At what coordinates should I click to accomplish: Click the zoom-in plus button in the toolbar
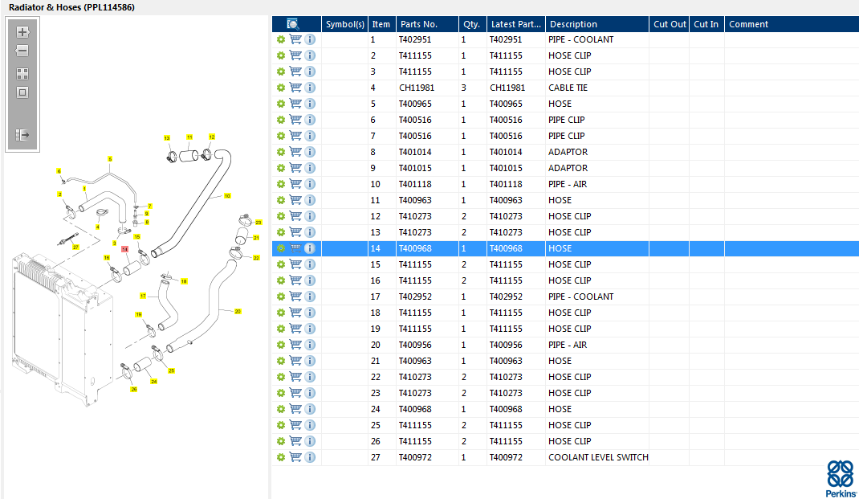pyautogui.click(x=22, y=32)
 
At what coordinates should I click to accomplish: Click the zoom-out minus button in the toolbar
pyautogui.click(x=22, y=51)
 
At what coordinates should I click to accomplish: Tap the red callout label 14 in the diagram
pyautogui.click(x=124, y=249)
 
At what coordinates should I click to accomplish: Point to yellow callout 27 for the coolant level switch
pyautogui.click(x=76, y=247)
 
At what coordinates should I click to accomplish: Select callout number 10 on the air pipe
pyautogui.click(x=227, y=195)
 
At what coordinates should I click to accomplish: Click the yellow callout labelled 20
pyautogui.click(x=238, y=311)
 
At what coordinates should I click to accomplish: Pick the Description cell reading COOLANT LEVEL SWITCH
pyautogui.click(x=597, y=457)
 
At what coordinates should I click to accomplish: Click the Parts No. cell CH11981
pyautogui.click(x=417, y=88)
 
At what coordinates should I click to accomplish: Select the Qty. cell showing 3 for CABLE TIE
pyautogui.click(x=464, y=88)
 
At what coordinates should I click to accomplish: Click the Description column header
pyautogui.click(x=573, y=24)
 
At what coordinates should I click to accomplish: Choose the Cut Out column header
pyautogui.click(x=670, y=24)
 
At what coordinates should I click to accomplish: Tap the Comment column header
pyautogui.click(x=748, y=24)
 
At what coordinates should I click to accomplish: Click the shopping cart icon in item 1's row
pyautogui.click(x=295, y=39)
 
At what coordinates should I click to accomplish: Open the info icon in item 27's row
pyautogui.click(x=310, y=457)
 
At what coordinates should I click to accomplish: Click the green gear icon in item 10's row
pyautogui.click(x=281, y=184)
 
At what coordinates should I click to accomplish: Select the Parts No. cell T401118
pyautogui.click(x=415, y=184)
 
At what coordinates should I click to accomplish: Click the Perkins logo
pyautogui.click(x=841, y=479)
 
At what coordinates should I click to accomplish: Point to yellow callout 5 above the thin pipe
pyautogui.click(x=110, y=159)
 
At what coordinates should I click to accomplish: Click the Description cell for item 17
pyautogui.click(x=580, y=297)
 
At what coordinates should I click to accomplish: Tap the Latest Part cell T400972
pyautogui.click(x=506, y=457)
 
